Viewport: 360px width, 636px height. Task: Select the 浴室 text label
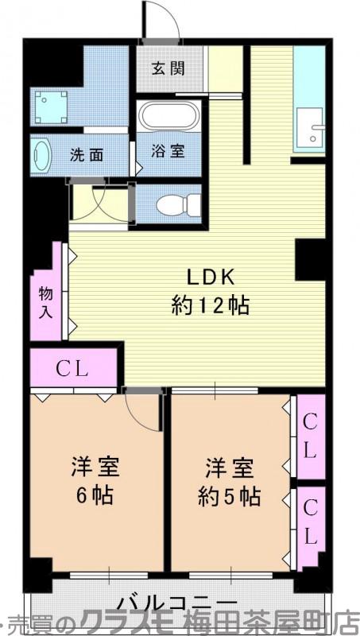[168, 151]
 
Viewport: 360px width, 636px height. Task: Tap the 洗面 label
[86, 155]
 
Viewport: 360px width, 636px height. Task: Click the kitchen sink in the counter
[308, 127]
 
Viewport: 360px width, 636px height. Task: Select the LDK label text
[210, 277]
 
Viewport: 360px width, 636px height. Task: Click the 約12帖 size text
[210, 304]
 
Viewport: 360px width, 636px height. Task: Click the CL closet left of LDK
[74, 368]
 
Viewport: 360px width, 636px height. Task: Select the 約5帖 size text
[229, 496]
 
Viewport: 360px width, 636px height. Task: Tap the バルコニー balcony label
[178, 602]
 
